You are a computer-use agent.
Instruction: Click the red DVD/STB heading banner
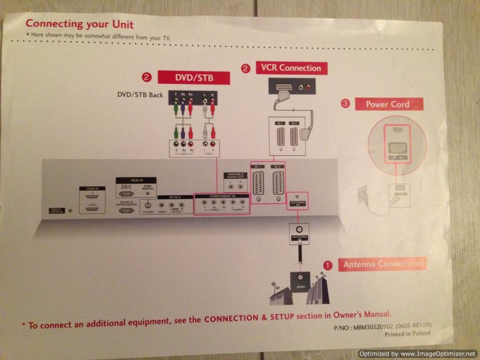[194, 78]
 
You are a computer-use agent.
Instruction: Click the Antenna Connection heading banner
[382, 264]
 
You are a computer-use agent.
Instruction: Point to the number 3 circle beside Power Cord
[345, 104]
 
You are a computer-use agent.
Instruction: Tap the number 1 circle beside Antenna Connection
[328, 265]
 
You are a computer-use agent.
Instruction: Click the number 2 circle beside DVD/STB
[147, 78]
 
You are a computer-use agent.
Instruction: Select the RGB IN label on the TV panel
[128, 179]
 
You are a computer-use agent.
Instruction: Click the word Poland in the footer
[422, 333]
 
